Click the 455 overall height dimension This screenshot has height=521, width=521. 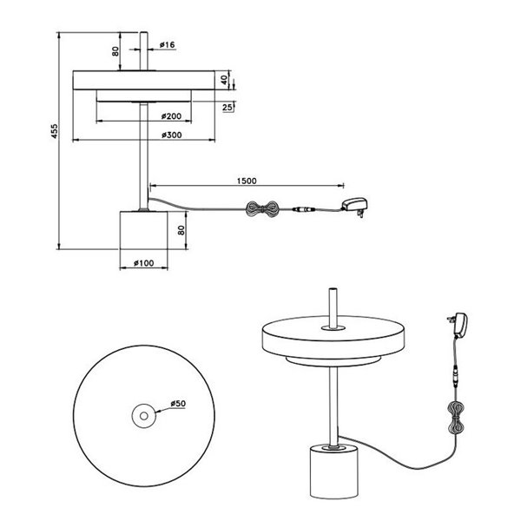coord(54,131)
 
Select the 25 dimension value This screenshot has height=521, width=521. coord(228,107)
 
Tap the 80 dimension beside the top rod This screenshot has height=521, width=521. coord(115,50)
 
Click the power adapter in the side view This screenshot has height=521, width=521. coord(354,206)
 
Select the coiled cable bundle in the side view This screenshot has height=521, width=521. coord(260,211)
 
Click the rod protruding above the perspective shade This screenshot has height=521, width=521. coord(332,306)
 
